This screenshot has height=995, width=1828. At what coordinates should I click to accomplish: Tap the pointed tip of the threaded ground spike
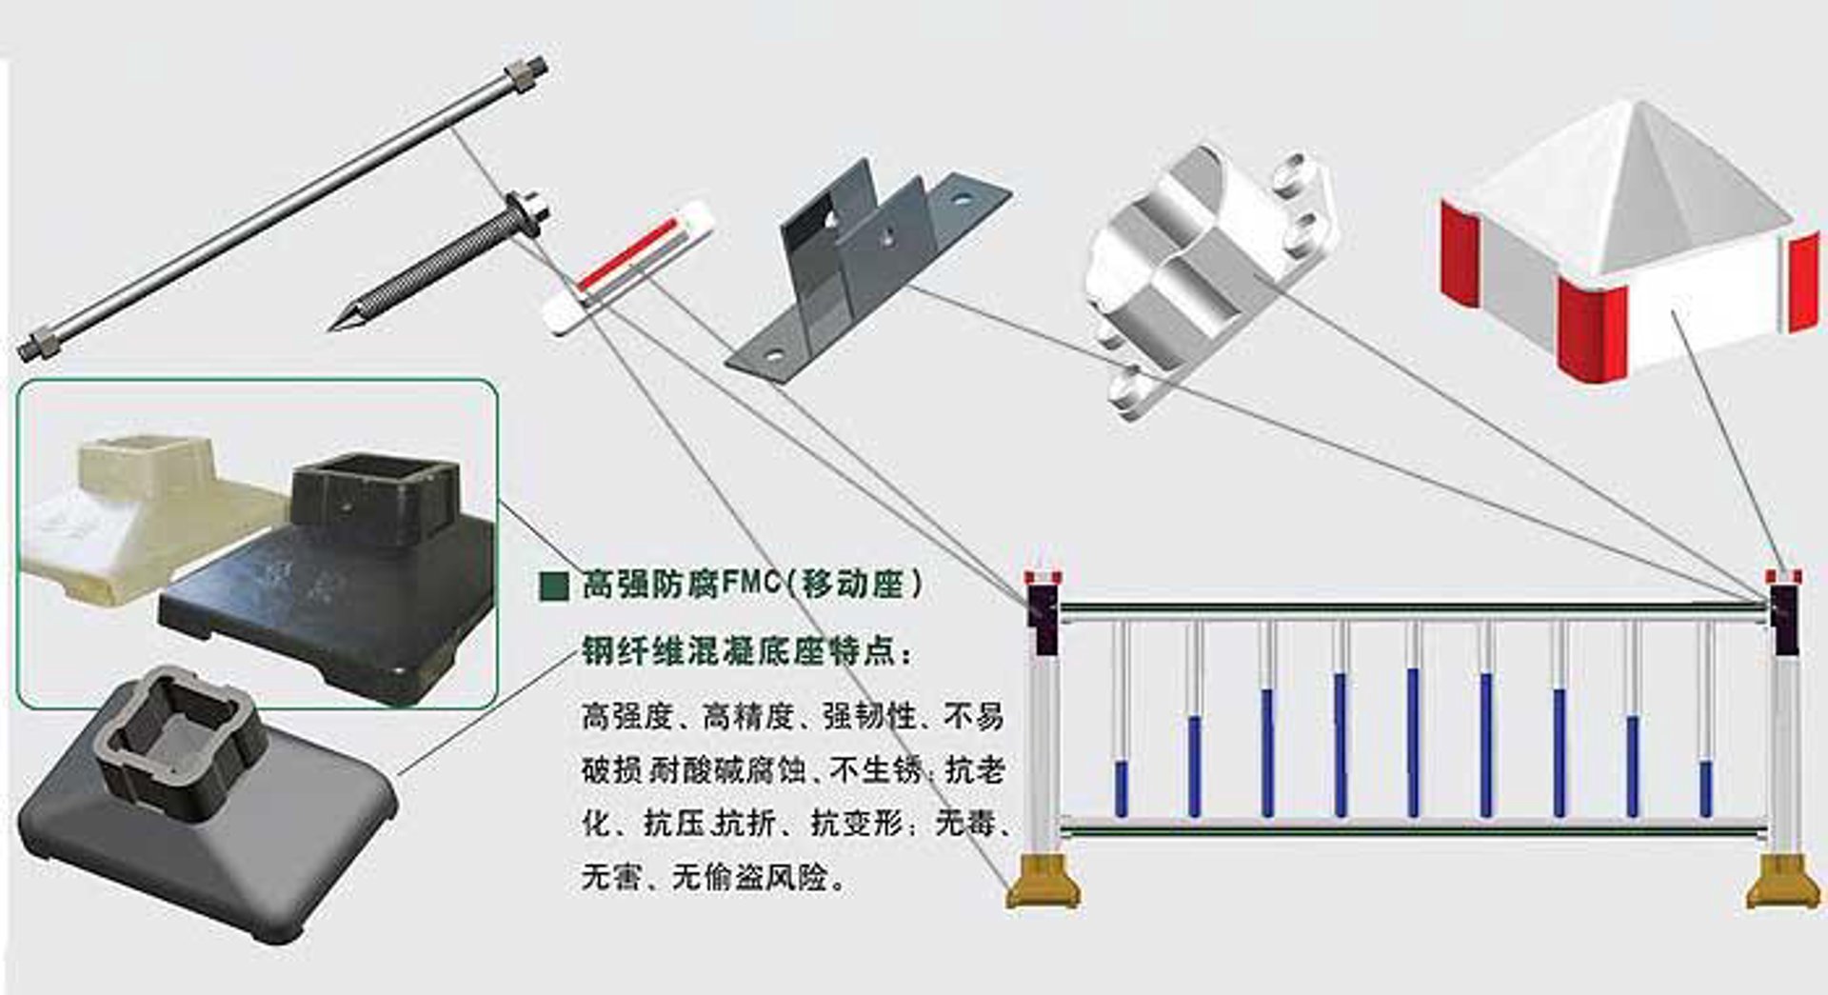pos(330,329)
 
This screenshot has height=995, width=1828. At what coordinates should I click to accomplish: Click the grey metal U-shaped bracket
pos(866,271)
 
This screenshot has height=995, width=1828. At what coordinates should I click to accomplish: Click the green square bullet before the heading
pos(553,585)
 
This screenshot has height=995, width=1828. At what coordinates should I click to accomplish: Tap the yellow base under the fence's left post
pos(1043,882)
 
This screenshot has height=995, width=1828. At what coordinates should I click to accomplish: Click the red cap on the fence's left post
pos(1043,576)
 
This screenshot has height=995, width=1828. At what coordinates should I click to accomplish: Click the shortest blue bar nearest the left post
pos(1122,788)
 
